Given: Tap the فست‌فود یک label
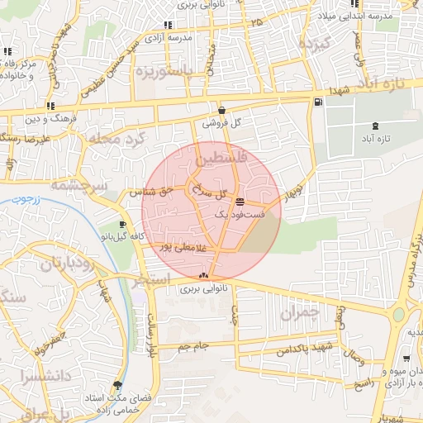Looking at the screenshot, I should (x=239, y=214).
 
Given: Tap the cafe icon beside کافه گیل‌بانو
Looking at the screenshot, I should (x=123, y=224).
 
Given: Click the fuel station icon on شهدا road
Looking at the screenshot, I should (x=318, y=102).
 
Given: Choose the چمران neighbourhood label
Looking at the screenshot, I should (x=298, y=313).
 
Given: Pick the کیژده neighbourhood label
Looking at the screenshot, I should (x=315, y=42).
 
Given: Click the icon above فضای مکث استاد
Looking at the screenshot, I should (x=117, y=385).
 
